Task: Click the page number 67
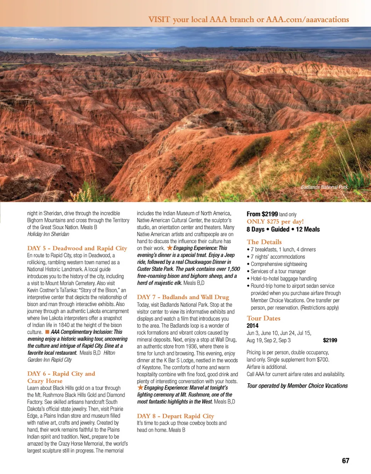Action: (345, 461)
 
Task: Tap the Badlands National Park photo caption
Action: (324, 187)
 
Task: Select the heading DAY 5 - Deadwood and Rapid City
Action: (77, 248)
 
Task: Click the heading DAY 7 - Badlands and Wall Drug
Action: (183, 297)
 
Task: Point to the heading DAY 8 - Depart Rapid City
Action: (175, 416)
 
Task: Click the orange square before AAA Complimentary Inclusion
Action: (46, 332)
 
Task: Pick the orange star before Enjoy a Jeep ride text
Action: (169, 248)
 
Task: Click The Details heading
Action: (264, 242)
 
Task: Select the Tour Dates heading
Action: (264, 318)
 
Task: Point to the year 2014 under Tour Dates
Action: (253, 325)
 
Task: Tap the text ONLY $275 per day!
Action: (275, 222)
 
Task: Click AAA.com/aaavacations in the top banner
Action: (308, 19)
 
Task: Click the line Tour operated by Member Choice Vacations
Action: (297, 386)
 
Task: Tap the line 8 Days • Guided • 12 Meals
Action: (283, 229)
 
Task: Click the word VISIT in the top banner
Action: (160, 19)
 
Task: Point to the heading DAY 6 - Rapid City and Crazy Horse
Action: (61, 377)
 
